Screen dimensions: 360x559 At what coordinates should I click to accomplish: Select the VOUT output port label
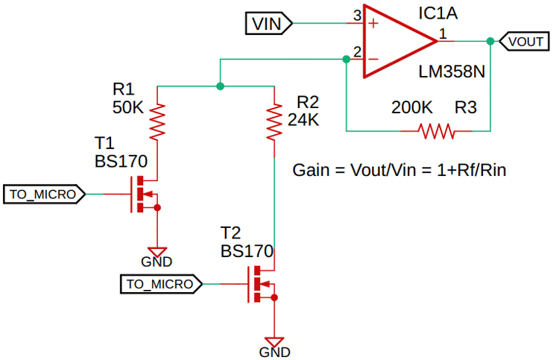[525, 42]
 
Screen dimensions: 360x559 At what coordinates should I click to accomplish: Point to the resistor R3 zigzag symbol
[437, 131]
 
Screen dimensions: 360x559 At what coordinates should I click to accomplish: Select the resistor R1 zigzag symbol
[157, 122]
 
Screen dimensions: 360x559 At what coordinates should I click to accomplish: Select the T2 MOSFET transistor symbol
[262, 284]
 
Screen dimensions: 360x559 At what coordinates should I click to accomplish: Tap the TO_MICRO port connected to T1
[44, 195]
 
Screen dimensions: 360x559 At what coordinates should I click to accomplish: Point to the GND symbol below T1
[157, 255]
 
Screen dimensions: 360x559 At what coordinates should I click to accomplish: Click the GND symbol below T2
[275, 345]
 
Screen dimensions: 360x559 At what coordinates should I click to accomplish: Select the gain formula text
[399, 170]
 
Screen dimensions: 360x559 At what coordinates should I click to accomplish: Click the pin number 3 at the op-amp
[356, 15]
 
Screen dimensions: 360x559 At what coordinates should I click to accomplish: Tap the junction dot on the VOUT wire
[490, 42]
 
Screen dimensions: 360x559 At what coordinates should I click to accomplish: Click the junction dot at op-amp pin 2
[346, 59]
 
